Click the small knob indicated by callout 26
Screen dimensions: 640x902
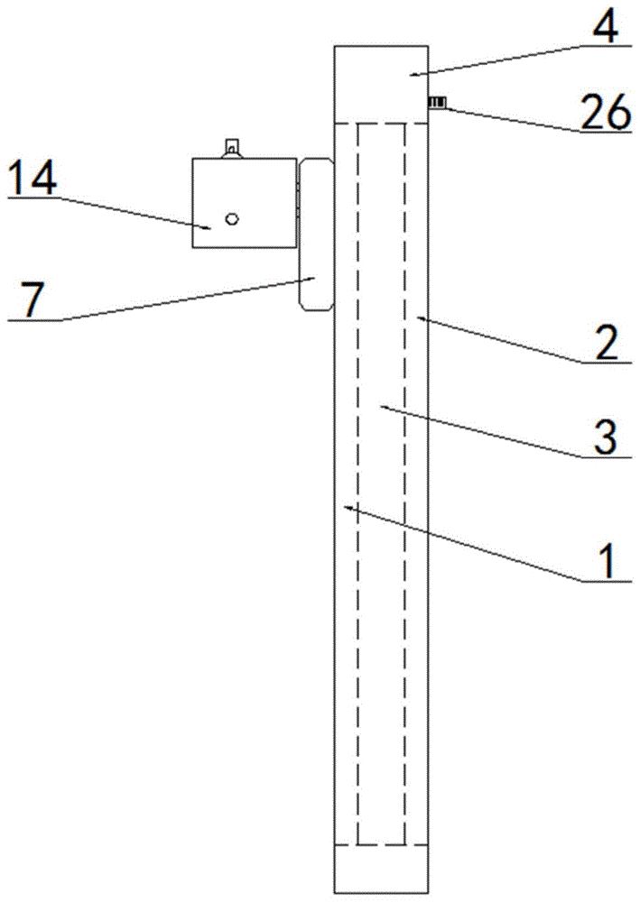(x=437, y=104)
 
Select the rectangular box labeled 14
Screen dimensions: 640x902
(x=245, y=203)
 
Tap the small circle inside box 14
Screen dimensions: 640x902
(x=232, y=217)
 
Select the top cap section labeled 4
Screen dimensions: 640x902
(x=380, y=83)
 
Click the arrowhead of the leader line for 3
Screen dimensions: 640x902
(x=383, y=407)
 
